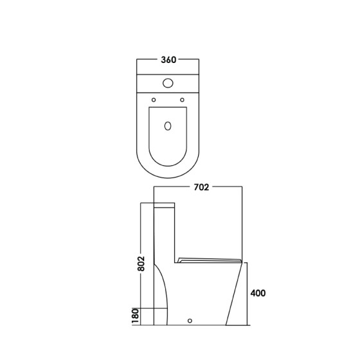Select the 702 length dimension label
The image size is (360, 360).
pyautogui.click(x=203, y=188)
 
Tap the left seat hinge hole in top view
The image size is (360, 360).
pyautogui.click(x=154, y=99)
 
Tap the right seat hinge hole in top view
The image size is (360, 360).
pyautogui.click(x=183, y=99)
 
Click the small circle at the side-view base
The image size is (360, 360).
pyautogui.click(x=191, y=319)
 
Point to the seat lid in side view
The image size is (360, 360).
pyautogui.click(x=211, y=259)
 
